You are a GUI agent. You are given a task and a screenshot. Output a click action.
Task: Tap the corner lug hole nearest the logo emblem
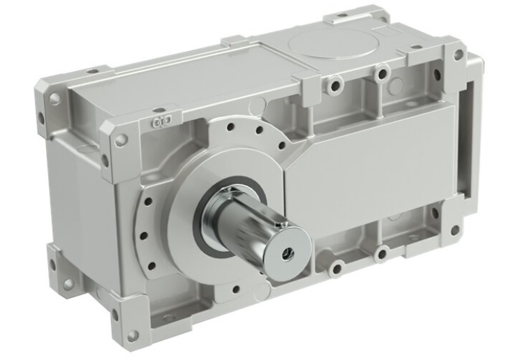coord(121,140)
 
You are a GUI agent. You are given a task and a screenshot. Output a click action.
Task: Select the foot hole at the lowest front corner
coord(133,334)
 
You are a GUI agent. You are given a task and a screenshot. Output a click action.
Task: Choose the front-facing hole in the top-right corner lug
coord(458,54)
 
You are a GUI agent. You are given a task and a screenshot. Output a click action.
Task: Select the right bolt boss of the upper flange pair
coord(381,72)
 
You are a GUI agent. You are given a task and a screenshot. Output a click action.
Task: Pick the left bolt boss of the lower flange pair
coord(336,268)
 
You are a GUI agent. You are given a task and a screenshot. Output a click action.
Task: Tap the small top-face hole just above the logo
coord(159,110)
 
